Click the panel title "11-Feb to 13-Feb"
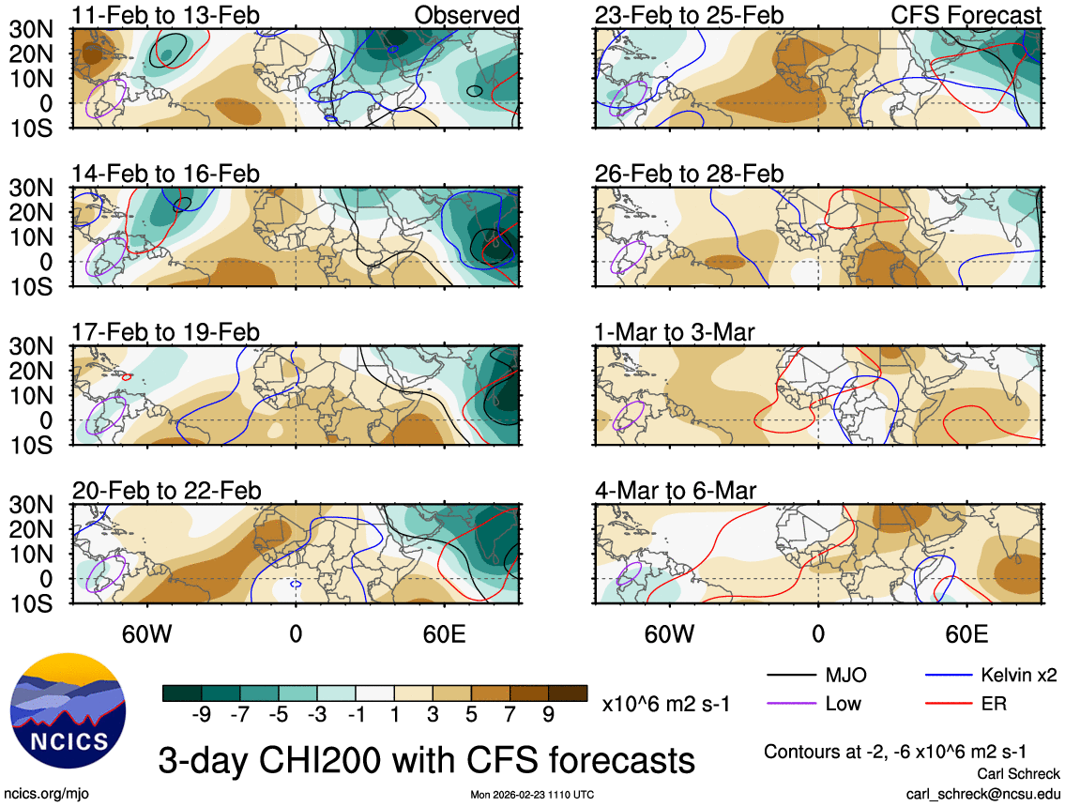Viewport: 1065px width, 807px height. (x=166, y=15)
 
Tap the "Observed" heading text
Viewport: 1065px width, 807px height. (x=466, y=15)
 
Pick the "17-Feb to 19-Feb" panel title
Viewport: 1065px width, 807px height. (x=166, y=333)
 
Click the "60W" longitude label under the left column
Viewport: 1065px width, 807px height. (x=148, y=633)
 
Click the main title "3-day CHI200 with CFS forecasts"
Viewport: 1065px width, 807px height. (x=426, y=757)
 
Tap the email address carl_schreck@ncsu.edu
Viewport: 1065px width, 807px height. (x=982, y=793)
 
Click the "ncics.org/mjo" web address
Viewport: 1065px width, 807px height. (x=45, y=794)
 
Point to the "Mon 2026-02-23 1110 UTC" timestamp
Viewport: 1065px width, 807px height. (x=532, y=795)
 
